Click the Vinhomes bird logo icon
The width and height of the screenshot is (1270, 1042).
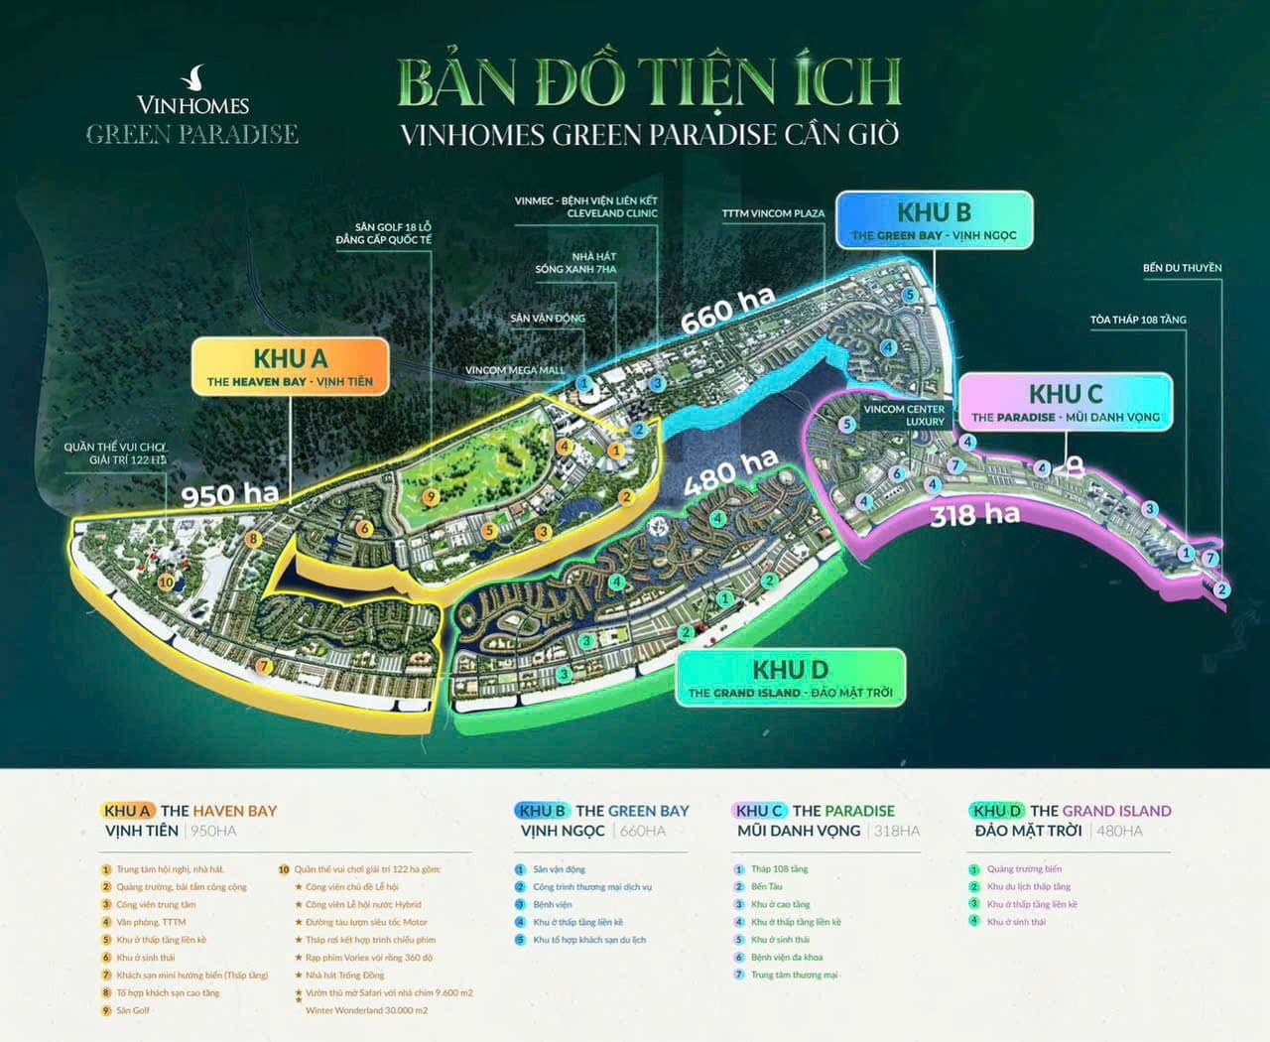[194, 77]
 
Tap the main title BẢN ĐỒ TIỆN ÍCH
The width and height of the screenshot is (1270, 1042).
[649, 83]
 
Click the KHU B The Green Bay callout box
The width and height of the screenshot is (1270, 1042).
[934, 221]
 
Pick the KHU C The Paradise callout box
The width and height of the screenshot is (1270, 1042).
[1065, 403]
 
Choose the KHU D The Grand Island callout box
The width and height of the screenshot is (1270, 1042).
[791, 679]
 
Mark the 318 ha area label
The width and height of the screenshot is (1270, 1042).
[974, 514]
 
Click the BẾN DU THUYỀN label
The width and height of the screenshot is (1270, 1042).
[1182, 268]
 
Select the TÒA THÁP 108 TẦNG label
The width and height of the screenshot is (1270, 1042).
[1138, 320]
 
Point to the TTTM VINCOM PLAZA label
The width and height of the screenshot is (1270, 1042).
[773, 213]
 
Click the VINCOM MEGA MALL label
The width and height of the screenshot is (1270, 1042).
[514, 370]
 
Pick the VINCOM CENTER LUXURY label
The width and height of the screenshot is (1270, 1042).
[904, 415]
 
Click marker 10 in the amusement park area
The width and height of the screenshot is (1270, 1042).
[166, 583]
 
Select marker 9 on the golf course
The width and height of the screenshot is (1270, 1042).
[430, 496]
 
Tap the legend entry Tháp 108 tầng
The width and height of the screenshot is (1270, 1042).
[779, 869]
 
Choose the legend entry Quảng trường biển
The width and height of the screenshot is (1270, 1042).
[1023, 869]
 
